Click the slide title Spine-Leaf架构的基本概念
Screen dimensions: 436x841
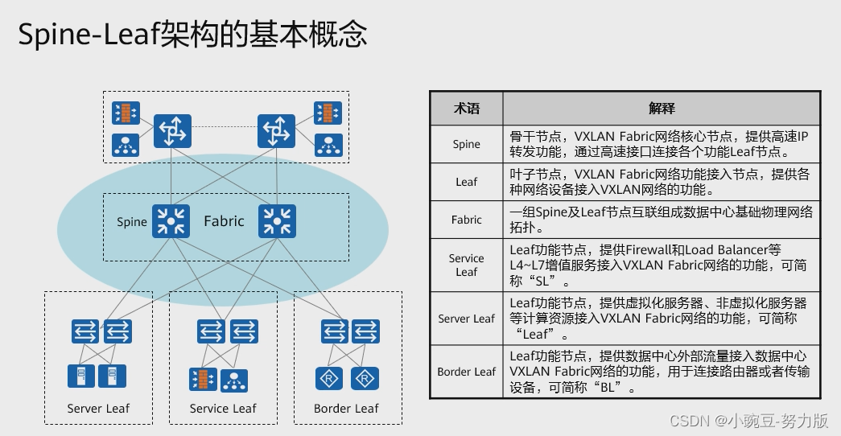click(x=193, y=35)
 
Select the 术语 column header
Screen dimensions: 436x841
click(x=466, y=108)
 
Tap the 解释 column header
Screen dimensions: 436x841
click(x=661, y=108)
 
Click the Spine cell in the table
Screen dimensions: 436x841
click(x=466, y=145)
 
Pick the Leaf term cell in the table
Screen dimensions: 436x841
click(x=466, y=182)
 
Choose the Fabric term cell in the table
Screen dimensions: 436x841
click(x=466, y=220)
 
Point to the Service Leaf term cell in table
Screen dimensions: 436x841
click(x=466, y=265)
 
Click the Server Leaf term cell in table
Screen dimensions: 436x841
click(x=466, y=319)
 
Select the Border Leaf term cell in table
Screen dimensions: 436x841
click(x=466, y=372)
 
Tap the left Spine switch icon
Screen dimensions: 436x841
click(x=171, y=221)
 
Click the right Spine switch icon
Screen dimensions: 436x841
click(x=277, y=221)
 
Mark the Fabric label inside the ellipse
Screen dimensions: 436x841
click(x=223, y=221)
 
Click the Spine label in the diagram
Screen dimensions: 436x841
click(x=132, y=222)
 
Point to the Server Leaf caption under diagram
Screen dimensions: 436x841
click(x=98, y=409)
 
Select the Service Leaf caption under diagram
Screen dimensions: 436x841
click(x=223, y=409)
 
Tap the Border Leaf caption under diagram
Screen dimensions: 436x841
click(x=346, y=409)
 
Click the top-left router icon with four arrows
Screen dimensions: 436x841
click(x=171, y=130)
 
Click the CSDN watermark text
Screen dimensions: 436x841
click(x=749, y=421)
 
